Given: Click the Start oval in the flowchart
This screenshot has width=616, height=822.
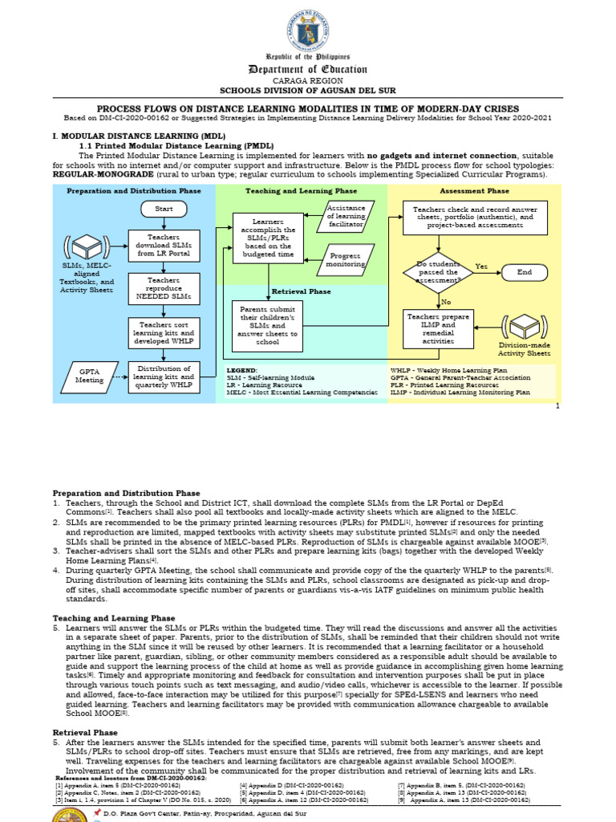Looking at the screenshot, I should pyautogui.click(x=164, y=209).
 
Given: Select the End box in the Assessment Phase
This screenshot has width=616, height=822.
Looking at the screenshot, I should pyautogui.click(x=524, y=272).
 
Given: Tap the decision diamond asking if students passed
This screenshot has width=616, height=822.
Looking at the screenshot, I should pyautogui.click(x=438, y=272).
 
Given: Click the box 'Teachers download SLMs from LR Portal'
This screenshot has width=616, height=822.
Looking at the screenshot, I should pyautogui.click(x=164, y=244).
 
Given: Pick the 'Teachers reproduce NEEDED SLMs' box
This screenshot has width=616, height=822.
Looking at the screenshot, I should pyautogui.click(x=164, y=289).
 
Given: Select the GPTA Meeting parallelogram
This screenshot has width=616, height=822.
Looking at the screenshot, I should pyautogui.click(x=90, y=376).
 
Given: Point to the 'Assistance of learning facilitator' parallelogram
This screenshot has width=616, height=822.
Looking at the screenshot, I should pyautogui.click(x=346, y=216).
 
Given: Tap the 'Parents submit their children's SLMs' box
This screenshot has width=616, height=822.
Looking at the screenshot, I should pyautogui.click(x=268, y=325).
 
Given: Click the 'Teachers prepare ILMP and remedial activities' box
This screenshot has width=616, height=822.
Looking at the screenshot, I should pyautogui.click(x=438, y=328).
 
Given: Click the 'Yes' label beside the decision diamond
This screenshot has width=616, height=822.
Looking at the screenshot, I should pyautogui.click(x=481, y=266).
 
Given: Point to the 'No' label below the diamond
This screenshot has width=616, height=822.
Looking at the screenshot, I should pyautogui.click(x=445, y=302).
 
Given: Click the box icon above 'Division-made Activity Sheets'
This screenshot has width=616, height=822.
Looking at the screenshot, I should pyautogui.click(x=525, y=327).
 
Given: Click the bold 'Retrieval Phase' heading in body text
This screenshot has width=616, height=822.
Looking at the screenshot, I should pyautogui.click(x=86, y=733).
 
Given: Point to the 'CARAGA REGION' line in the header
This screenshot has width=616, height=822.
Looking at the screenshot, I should pyautogui.click(x=307, y=81).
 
